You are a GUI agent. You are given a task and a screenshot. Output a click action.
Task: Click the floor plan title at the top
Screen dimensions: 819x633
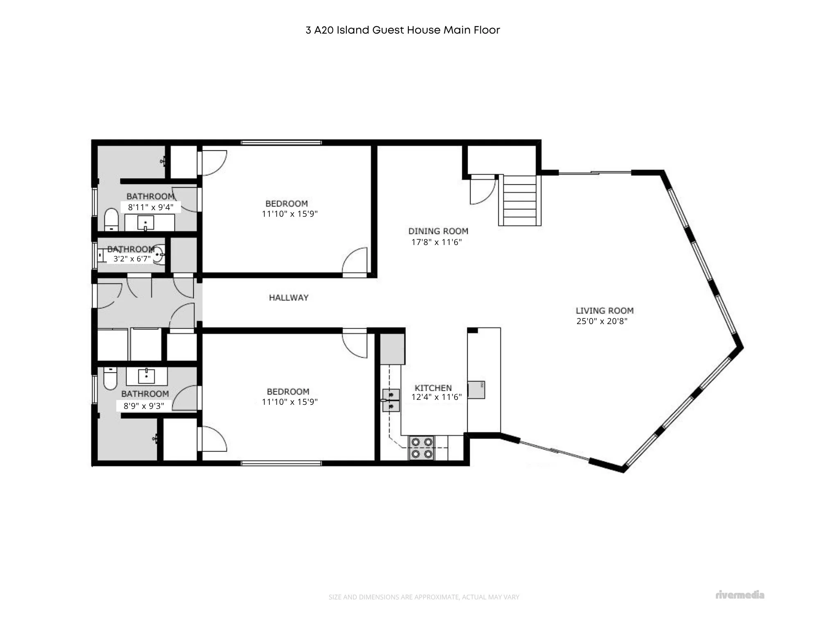(403, 30)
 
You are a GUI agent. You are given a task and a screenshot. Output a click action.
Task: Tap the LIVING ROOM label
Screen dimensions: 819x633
(604, 311)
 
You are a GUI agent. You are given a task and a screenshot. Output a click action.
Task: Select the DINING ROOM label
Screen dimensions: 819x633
(438, 231)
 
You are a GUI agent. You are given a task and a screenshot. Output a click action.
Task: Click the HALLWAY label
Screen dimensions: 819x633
(289, 298)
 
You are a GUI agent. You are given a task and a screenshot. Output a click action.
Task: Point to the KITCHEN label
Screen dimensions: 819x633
(433, 388)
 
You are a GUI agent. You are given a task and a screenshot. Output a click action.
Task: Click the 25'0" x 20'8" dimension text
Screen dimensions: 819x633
(602, 321)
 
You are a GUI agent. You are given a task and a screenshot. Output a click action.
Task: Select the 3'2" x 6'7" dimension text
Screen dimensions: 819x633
(132, 259)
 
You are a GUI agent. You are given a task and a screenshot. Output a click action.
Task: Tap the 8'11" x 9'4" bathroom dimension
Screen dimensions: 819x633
(151, 207)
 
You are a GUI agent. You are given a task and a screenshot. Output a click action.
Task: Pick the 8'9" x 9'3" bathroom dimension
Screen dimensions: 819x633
(144, 406)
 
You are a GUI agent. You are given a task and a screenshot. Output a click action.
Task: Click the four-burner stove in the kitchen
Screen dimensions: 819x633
(422, 448)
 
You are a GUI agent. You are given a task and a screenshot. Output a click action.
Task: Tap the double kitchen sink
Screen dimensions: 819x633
(391, 400)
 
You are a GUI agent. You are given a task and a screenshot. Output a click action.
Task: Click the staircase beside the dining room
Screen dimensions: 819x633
(520, 200)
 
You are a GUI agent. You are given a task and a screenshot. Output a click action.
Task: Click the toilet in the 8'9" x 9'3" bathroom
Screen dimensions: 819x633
(110, 378)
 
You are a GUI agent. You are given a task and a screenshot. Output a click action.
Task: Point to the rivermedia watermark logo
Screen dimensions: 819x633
(740, 595)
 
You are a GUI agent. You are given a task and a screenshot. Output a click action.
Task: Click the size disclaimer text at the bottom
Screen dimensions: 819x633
(424, 597)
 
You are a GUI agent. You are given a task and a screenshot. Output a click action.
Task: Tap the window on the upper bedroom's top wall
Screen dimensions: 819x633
(281, 143)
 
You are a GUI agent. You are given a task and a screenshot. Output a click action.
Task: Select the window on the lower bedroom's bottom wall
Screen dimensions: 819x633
(281, 463)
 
